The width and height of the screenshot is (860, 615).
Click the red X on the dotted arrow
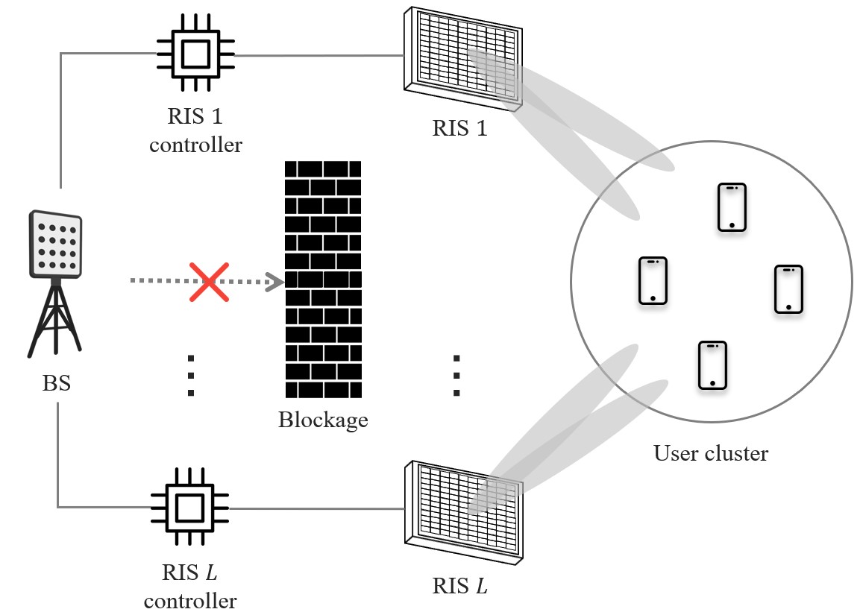point(209,281)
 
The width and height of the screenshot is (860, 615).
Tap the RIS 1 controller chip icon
point(195,54)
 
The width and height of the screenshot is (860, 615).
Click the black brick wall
point(323,279)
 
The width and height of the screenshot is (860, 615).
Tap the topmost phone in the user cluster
point(732,206)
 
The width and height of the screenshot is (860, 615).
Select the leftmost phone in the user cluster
point(653,280)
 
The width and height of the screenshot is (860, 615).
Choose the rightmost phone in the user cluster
point(788,288)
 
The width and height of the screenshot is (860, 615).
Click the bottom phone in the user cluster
point(712,365)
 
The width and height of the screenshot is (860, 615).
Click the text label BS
point(57,385)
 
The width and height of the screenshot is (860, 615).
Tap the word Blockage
point(323,420)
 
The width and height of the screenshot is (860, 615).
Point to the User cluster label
point(710,452)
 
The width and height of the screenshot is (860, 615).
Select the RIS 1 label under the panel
point(459,128)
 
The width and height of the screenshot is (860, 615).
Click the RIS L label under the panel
point(460,585)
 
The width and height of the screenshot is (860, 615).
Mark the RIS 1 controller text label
point(195,130)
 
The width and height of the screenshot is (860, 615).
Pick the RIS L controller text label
point(189,587)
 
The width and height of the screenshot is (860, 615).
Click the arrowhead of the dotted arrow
point(275,281)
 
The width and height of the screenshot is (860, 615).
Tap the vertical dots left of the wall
point(191,375)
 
